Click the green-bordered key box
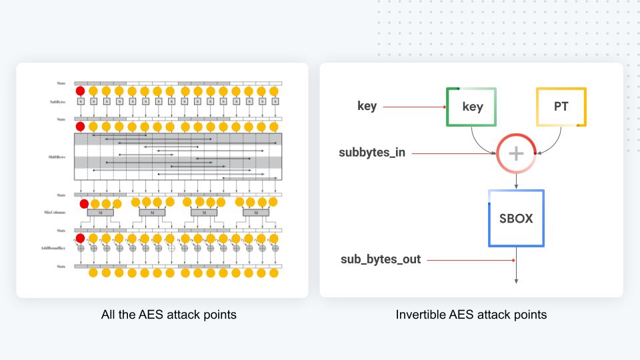tap(471, 107)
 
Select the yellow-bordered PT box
tap(561, 107)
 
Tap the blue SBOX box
tap(516, 219)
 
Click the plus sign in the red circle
tap(516, 153)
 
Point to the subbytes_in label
tap(372, 153)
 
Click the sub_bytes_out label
tap(381, 259)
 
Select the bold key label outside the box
tap(367, 106)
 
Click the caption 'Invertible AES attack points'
tap(471, 314)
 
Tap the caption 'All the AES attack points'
tap(169, 314)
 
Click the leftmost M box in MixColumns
tap(100, 213)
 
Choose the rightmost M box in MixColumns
tap(255, 213)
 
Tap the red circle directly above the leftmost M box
tap(84, 203)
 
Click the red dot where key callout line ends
tap(445, 107)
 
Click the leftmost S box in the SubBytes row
tap(81, 102)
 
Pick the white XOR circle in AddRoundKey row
tap(171, 248)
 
